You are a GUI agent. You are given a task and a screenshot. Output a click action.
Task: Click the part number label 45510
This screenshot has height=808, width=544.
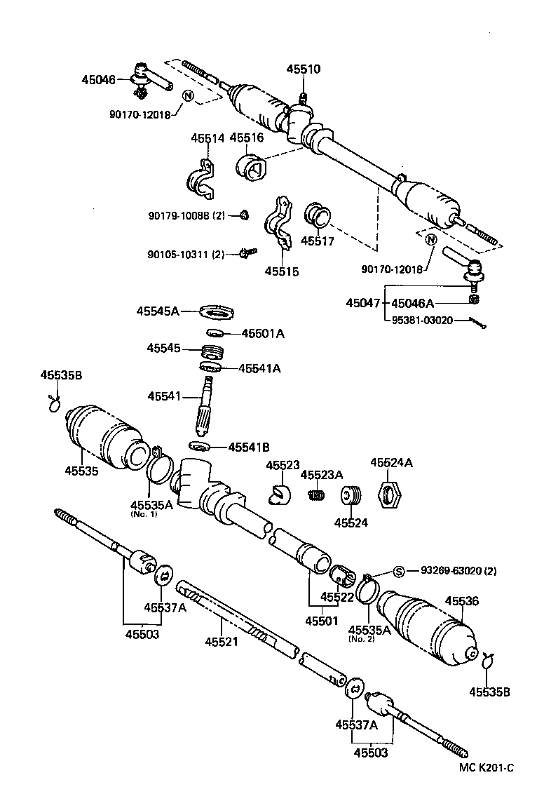click(x=303, y=69)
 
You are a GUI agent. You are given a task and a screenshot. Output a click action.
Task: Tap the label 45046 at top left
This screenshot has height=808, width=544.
click(x=99, y=80)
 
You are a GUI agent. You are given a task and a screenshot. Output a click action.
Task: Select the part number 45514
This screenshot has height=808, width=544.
click(x=208, y=138)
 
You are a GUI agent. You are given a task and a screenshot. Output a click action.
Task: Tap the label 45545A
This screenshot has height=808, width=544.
click(x=158, y=311)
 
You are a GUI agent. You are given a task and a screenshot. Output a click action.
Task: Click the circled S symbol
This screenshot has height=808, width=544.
click(x=398, y=570)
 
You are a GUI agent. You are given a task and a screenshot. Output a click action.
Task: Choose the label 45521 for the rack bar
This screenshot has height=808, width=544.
click(x=222, y=641)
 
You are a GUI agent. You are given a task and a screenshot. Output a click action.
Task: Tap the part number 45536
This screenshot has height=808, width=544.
click(x=462, y=600)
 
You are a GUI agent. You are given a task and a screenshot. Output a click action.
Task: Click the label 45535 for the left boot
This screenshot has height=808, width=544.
click(x=82, y=471)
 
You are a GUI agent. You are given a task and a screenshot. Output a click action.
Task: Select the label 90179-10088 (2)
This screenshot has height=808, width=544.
click(x=186, y=215)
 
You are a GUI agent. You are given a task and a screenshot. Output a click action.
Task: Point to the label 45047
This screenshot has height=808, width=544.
click(x=363, y=303)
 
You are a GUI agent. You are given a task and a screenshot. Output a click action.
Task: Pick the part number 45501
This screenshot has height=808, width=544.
click(x=322, y=621)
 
